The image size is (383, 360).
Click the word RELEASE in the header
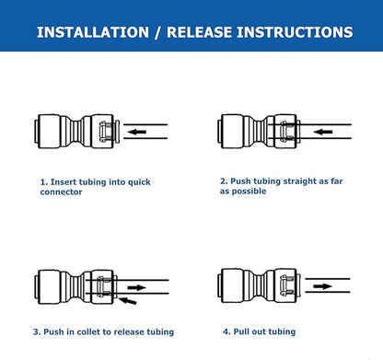point(208,32)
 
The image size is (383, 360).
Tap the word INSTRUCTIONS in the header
point(302,32)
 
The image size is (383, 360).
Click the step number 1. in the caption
point(43,182)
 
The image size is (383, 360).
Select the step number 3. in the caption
point(37,331)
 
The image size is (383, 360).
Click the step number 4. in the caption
point(226,331)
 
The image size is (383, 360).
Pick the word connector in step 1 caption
point(60,192)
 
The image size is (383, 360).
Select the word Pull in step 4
point(242,331)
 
